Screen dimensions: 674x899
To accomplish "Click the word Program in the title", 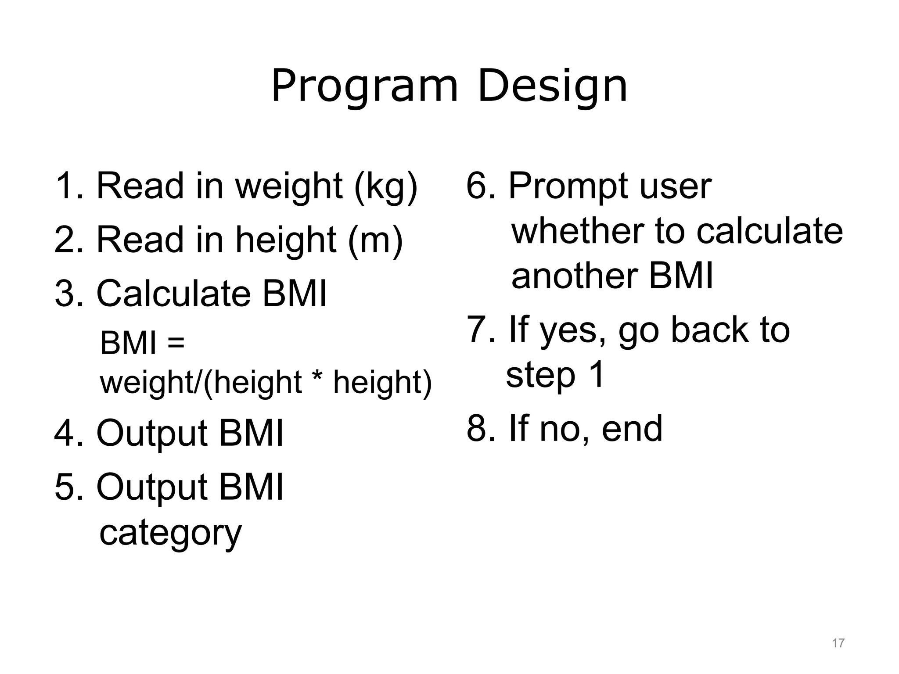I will pyautogui.click(x=364, y=86).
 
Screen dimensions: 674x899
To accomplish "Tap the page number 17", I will pyautogui.click(x=838, y=643).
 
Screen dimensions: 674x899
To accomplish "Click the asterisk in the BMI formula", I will pyautogui.click(x=317, y=380).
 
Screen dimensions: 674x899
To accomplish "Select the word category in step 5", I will pyautogui.click(x=170, y=533).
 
